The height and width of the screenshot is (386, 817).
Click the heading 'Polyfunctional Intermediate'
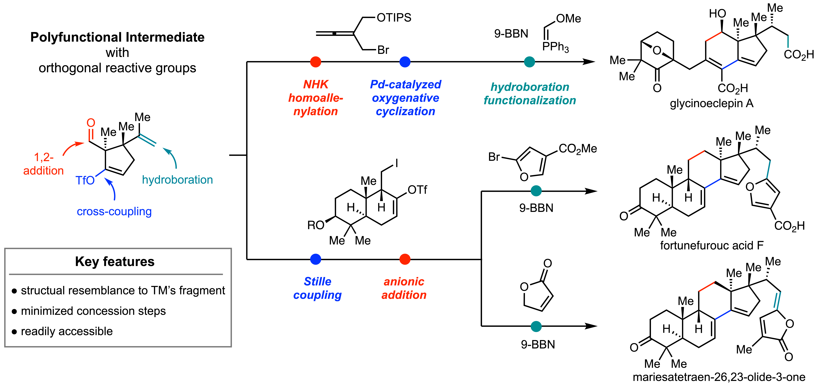tap(117, 37)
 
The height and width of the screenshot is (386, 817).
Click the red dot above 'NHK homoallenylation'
tap(316, 62)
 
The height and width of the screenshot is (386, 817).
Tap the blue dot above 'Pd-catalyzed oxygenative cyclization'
tap(405, 62)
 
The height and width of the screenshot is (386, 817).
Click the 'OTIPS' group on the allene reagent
tap(394, 18)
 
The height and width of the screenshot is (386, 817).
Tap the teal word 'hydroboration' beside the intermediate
tap(177, 180)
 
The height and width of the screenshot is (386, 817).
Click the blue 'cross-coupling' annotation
tap(114, 211)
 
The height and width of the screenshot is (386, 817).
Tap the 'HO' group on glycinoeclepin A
tap(717, 14)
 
